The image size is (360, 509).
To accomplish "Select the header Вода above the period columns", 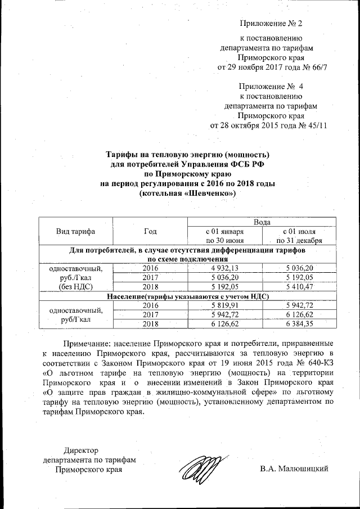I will point(264,222).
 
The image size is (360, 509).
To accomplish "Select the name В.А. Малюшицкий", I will point(294,469).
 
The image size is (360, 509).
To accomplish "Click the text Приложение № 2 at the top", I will point(271,24).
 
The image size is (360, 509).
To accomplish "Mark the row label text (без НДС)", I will point(75,286).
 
